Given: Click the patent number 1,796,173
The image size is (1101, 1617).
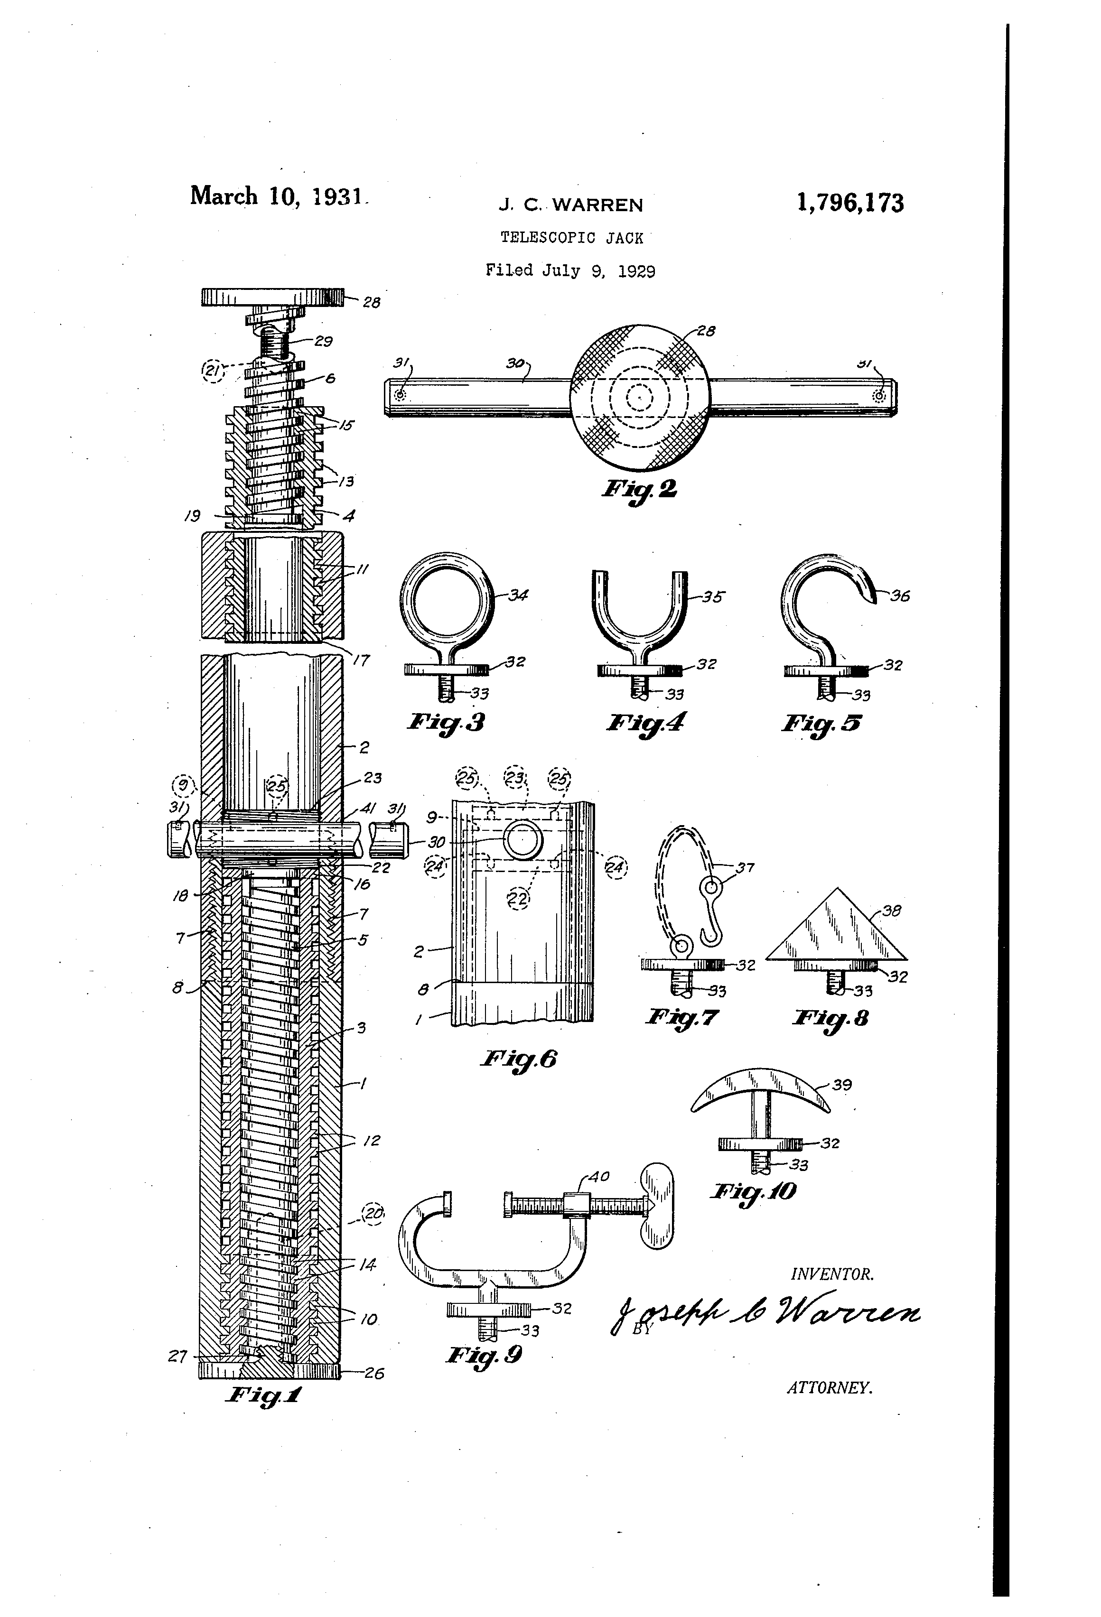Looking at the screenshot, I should (850, 203).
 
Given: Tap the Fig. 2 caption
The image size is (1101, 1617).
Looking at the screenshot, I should (639, 488).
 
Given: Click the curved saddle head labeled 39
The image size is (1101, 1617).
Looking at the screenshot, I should (761, 1090).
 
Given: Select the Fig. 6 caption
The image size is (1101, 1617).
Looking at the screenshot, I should (519, 1059).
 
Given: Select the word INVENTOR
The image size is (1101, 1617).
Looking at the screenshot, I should (831, 1274).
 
